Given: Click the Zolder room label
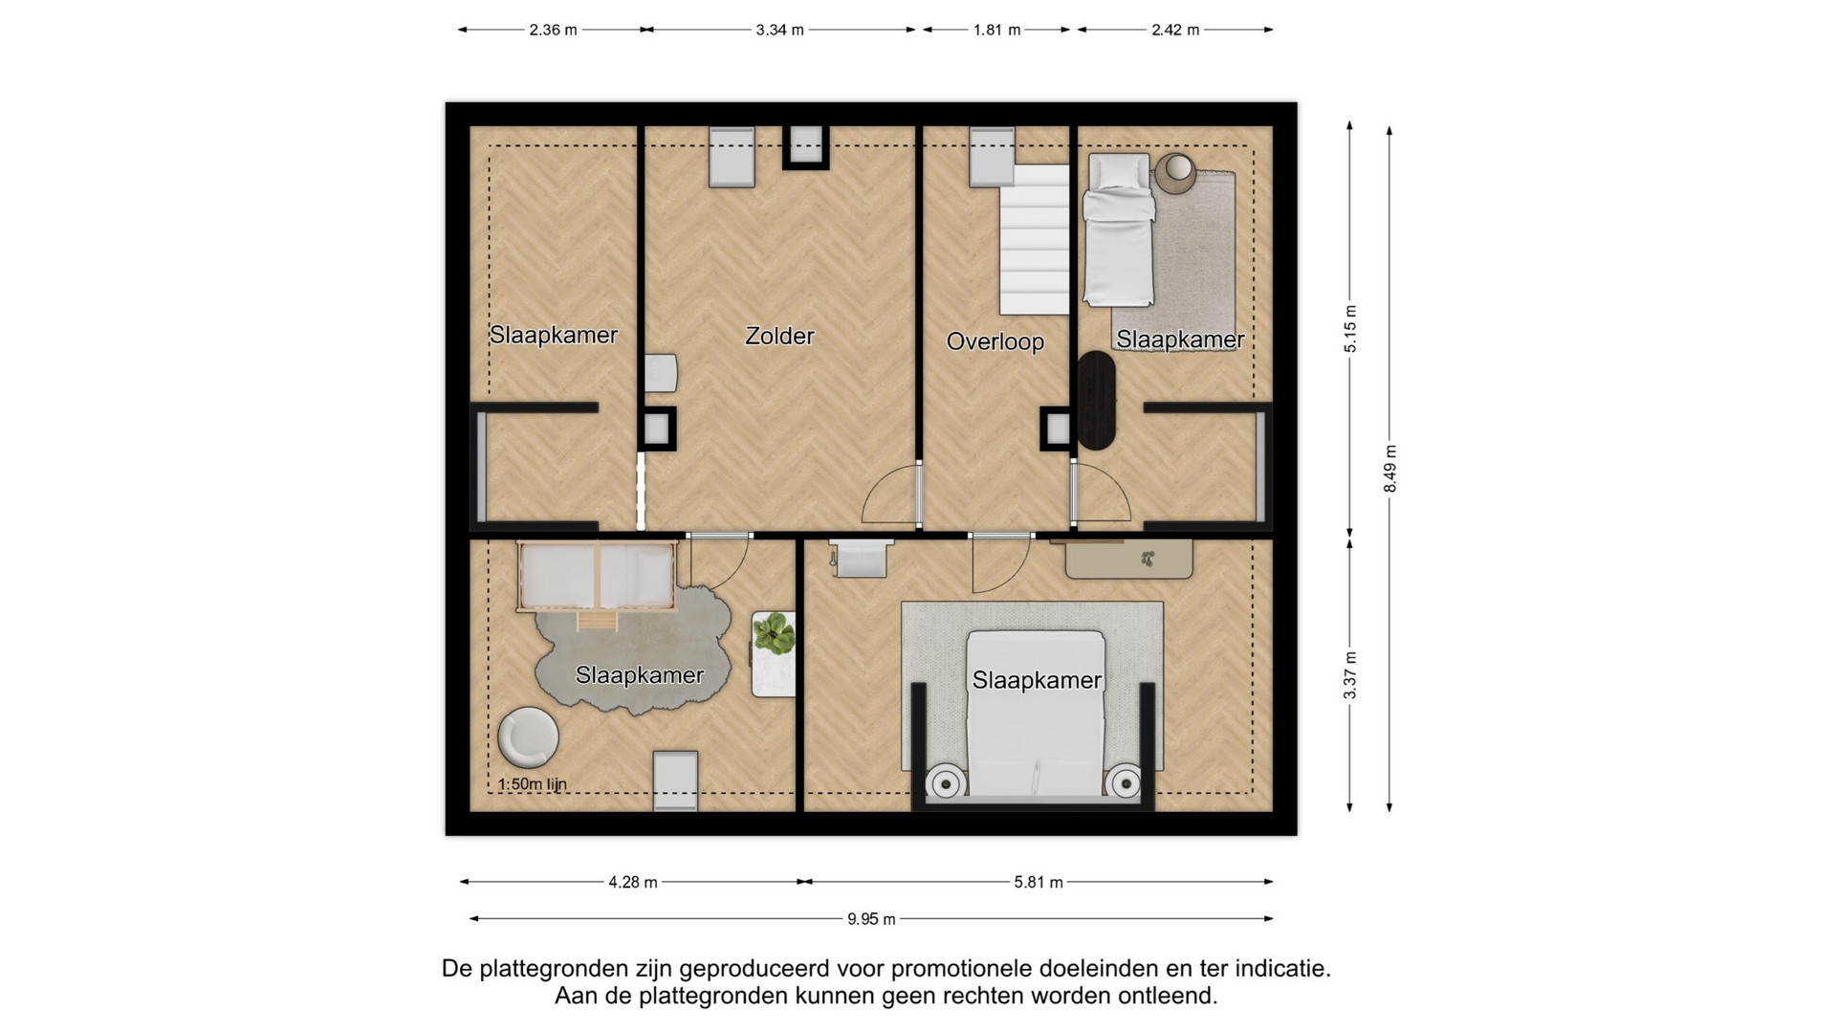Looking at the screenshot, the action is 779,336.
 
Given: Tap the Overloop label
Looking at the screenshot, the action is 994,341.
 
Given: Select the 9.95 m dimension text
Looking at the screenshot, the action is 871,919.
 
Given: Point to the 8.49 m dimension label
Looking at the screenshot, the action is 1390,469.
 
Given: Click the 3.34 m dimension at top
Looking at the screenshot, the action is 779,30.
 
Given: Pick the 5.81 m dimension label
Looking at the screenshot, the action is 1038,882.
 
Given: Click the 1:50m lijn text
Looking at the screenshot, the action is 533,784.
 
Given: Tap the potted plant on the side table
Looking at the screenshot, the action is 774,633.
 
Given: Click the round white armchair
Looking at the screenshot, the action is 528,736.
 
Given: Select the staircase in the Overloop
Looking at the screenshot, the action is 1034,239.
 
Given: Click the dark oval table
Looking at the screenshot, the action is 1097,401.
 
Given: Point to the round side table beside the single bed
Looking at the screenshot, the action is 1175,172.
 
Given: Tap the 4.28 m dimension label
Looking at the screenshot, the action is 633,882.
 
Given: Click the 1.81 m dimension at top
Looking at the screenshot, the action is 997,30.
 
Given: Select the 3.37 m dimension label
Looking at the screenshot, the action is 1350,675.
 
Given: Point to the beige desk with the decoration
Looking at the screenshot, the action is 1129,559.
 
